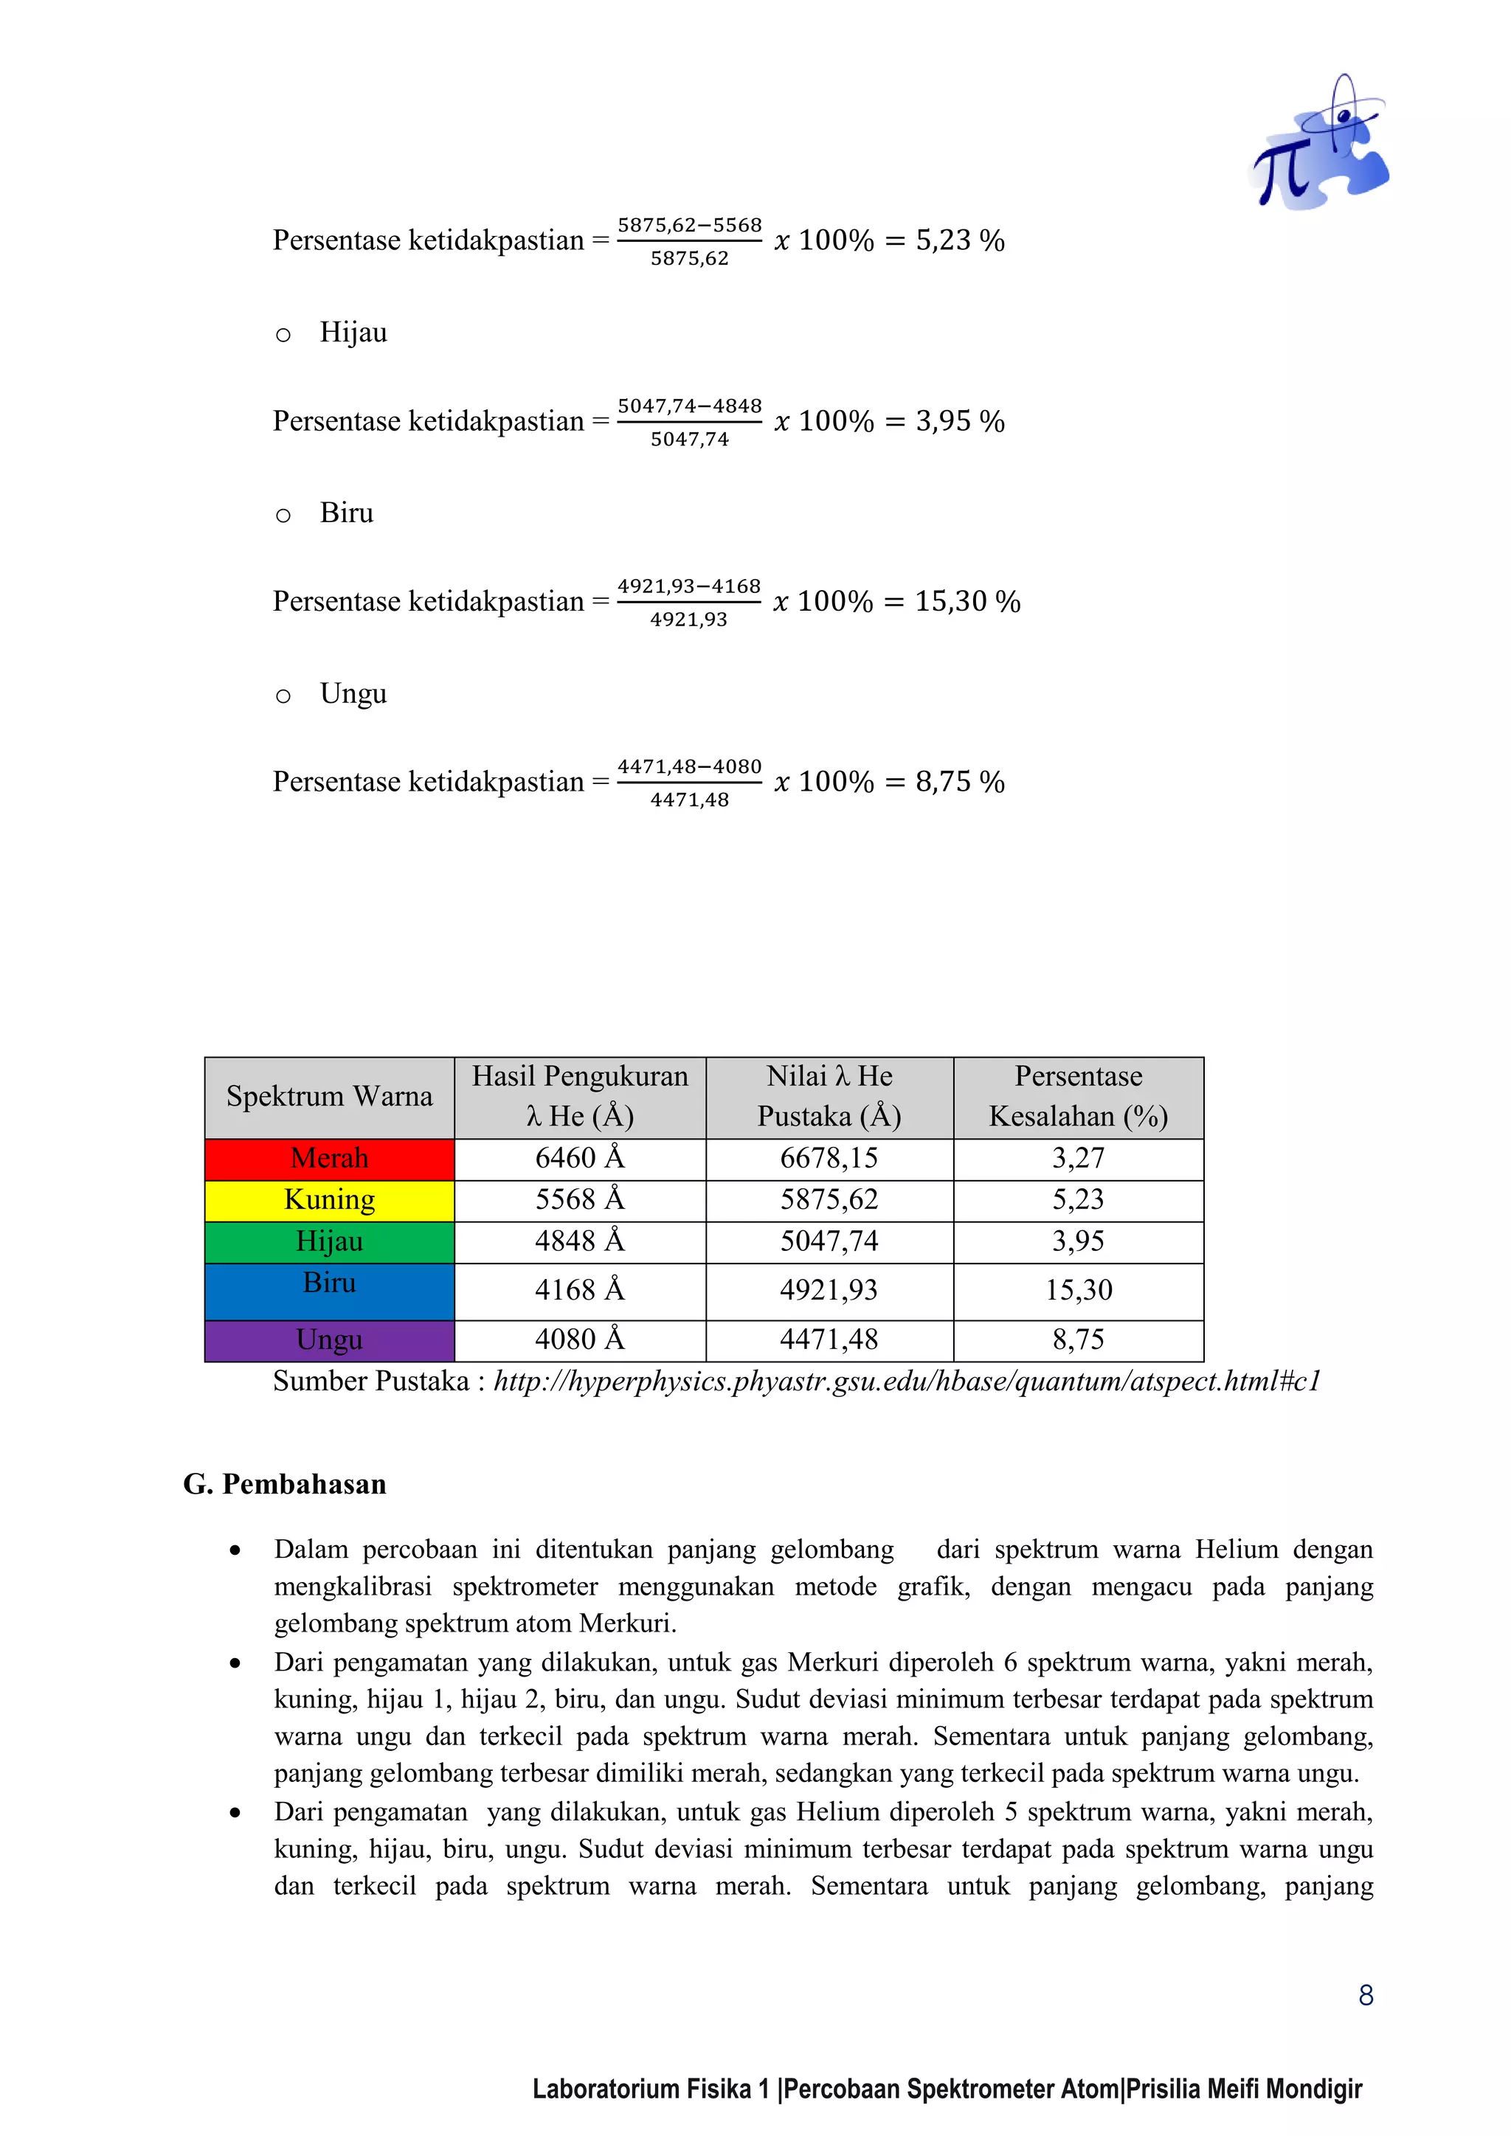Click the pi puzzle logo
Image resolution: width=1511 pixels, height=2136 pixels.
click(x=1318, y=145)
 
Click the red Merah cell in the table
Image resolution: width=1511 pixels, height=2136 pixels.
click(x=329, y=1158)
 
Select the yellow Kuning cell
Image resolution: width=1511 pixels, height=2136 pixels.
click(x=329, y=1200)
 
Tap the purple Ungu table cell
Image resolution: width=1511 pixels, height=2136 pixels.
click(x=329, y=1339)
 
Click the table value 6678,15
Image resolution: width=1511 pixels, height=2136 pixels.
click(x=829, y=1158)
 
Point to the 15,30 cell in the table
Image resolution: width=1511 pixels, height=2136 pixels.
click(x=1079, y=1290)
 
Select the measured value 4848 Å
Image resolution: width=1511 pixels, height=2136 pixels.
click(x=580, y=1241)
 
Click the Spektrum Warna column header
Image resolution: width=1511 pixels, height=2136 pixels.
click(x=329, y=1097)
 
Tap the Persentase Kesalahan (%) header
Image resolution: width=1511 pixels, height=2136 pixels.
click(x=1079, y=1097)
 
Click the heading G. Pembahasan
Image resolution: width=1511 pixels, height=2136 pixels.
click(x=285, y=1484)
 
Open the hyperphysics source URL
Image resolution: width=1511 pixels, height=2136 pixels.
click(x=907, y=1381)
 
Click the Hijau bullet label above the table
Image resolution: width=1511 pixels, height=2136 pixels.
click(x=353, y=332)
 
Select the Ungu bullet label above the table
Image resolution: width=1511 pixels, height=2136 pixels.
click(x=353, y=694)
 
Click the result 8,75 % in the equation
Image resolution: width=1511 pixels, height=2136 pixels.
click(x=959, y=783)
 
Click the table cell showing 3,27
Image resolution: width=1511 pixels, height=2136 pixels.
click(x=1079, y=1158)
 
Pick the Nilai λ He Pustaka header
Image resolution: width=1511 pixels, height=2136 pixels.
click(x=829, y=1097)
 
